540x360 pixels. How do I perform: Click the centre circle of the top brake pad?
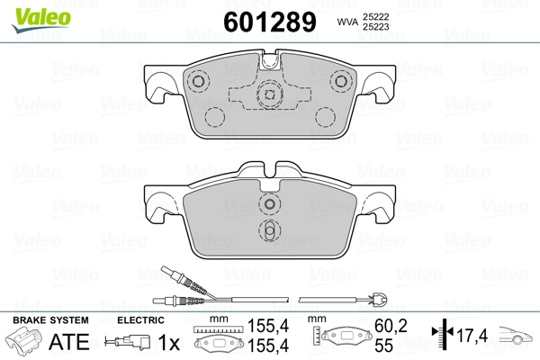pos(268,93)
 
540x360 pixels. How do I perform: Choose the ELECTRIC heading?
pos(139,320)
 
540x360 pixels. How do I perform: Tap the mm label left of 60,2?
pos(317,319)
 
